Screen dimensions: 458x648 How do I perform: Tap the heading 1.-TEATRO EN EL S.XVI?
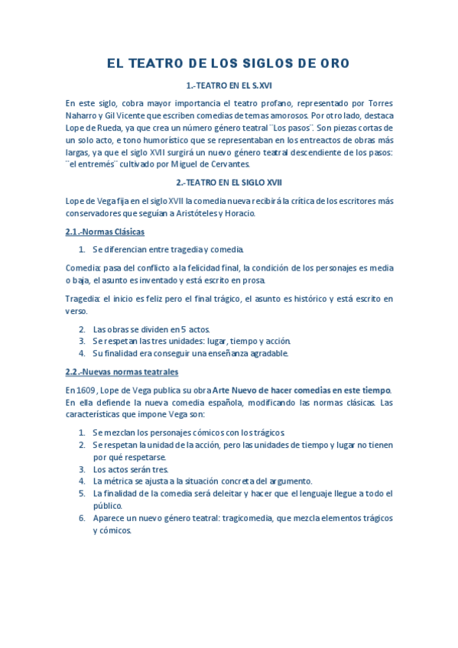(229, 86)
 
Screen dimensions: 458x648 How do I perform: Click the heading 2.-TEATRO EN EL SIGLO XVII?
(229, 183)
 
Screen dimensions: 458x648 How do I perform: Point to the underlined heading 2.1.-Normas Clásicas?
(105, 232)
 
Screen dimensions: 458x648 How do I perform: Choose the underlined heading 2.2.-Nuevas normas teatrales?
(122, 372)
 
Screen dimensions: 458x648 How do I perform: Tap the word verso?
(76, 311)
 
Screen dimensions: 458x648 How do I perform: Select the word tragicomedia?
(249, 518)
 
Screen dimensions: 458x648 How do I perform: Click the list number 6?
(82, 518)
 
